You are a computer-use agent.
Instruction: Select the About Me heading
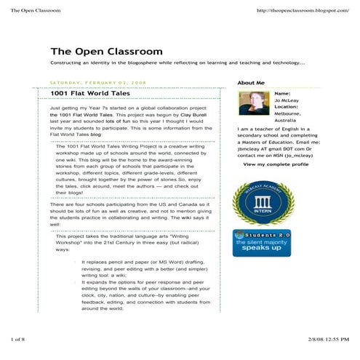click(251, 83)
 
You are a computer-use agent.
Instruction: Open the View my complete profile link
click(276, 164)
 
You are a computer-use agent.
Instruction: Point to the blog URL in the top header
click(303, 11)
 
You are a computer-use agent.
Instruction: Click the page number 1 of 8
click(17, 340)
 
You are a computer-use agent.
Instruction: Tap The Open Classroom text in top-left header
click(35, 11)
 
